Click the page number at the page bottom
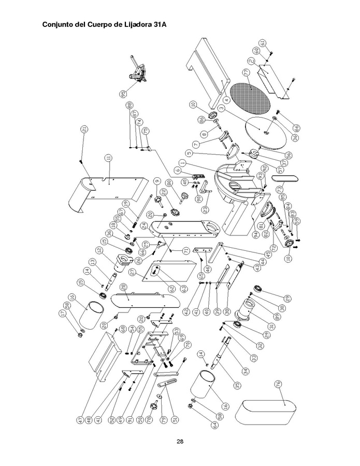[180, 442]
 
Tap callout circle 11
[108, 158]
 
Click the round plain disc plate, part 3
[263, 132]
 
